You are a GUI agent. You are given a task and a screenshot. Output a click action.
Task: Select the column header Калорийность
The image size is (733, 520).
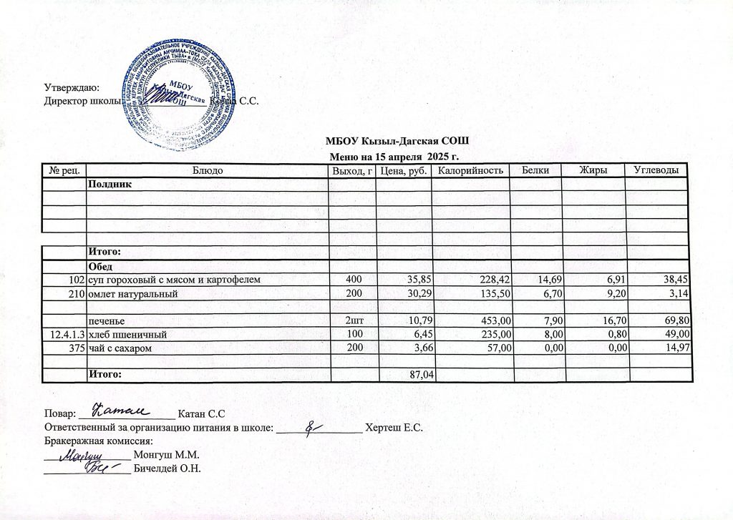(x=471, y=170)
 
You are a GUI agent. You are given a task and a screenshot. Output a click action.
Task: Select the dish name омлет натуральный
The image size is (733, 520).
(x=131, y=294)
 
